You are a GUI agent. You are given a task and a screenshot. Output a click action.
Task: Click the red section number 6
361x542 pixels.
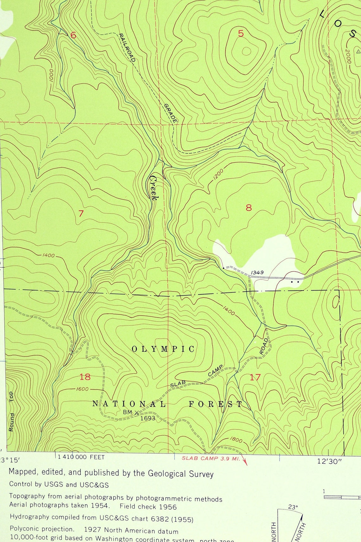(x=73, y=35)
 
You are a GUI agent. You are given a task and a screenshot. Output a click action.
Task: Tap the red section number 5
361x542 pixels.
(x=241, y=33)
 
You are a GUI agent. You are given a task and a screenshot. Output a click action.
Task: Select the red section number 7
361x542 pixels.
(x=81, y=213)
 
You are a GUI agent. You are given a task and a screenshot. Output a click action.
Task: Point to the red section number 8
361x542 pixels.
(x=249, y=208)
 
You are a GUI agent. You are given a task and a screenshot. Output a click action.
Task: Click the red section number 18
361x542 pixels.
(x=85, y=377)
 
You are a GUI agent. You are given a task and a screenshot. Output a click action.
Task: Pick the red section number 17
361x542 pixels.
(x=255, y=377)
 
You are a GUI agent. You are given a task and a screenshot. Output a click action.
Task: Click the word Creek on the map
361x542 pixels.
(x=154, y=188)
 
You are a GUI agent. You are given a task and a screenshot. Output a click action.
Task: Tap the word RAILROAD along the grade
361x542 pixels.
(x=127, y=47)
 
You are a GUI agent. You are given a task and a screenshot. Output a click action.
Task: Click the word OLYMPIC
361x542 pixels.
(x=163, y=349)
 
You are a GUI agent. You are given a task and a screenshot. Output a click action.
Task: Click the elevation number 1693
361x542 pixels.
(x=148, y=418)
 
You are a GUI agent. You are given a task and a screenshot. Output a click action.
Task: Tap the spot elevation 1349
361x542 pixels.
(x=257, y=272)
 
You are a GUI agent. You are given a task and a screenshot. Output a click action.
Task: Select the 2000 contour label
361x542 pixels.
(x=348, y=56)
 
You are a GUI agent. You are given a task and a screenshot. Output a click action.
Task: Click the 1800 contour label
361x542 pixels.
(x=236, y=440)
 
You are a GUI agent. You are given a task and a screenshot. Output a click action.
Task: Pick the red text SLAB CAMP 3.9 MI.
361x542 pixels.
(x=211, y=458)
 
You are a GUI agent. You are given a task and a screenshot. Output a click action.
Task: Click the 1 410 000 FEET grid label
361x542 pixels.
(x=81, y=457)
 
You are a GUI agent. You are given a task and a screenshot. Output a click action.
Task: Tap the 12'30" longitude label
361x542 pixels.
(x=329, y=461)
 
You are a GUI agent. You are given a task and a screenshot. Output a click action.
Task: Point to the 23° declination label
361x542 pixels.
(x=293, y=507)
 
